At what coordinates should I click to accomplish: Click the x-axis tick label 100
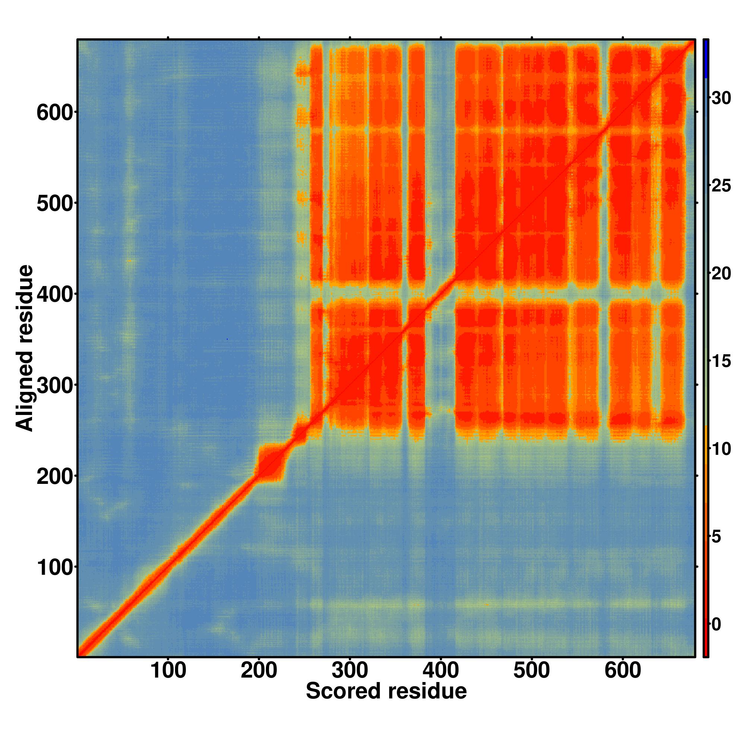coord(168,671)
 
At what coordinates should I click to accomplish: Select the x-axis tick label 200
coord(259,671)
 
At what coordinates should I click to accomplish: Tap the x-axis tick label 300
coord(350,671)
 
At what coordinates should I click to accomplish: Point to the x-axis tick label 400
coord(441,671)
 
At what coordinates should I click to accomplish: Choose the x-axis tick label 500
coord(532,671)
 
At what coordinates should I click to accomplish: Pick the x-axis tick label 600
coord(622,671)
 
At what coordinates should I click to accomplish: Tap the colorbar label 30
coord(721,99)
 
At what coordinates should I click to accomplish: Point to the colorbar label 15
coord(721,362)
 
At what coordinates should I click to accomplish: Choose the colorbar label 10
coord(721,449)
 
